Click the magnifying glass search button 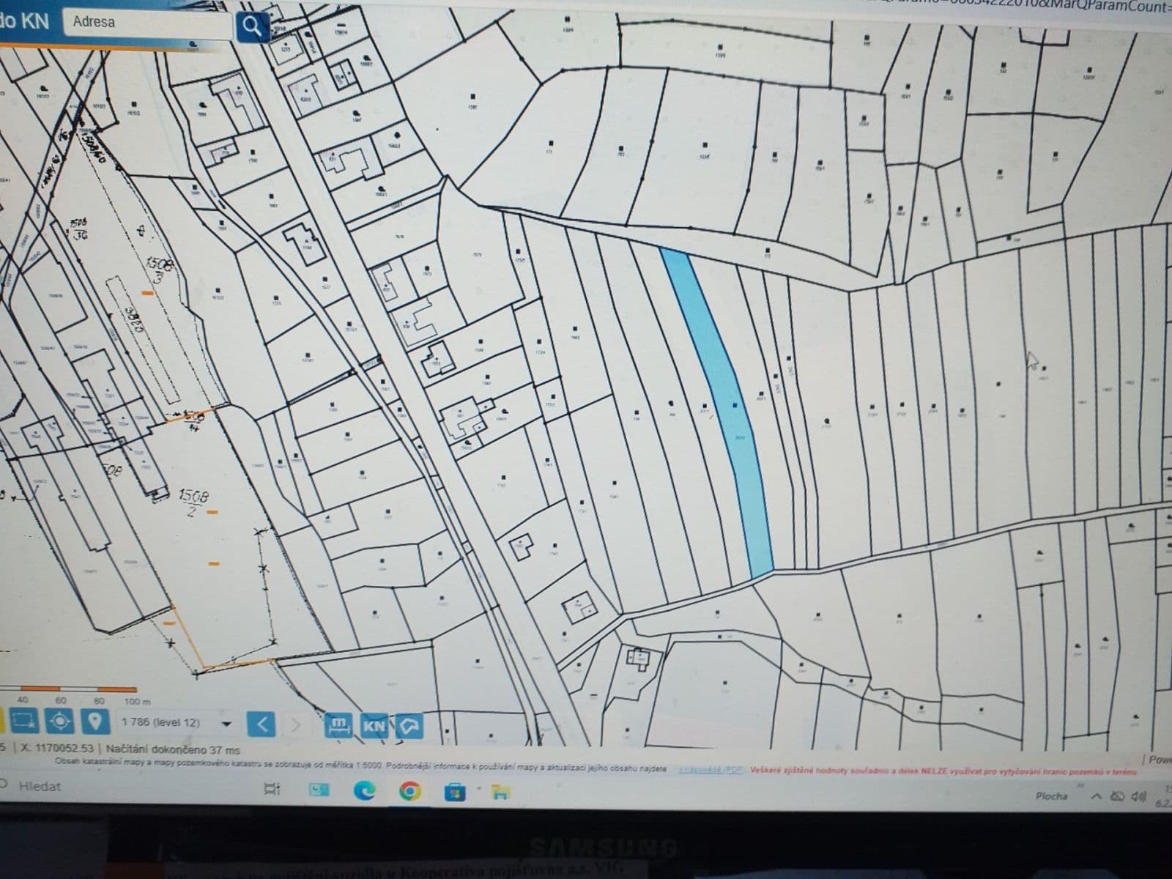click(251, 27)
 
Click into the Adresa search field click(146, 23)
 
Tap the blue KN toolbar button click(374, 726)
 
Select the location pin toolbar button click(94, 722)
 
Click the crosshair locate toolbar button click(59, 722)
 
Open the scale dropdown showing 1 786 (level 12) click(226, 724)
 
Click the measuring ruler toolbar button click(338, 726)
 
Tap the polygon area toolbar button click(409, 726)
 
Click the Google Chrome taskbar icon click(409, 790)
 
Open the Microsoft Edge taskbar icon click(365, 790)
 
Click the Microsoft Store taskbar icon click(455, 791)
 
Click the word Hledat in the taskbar click(40, 787)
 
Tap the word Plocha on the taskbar click(1051, 795)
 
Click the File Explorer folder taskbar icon click(500, 791)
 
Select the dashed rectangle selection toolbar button click(23, 722)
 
